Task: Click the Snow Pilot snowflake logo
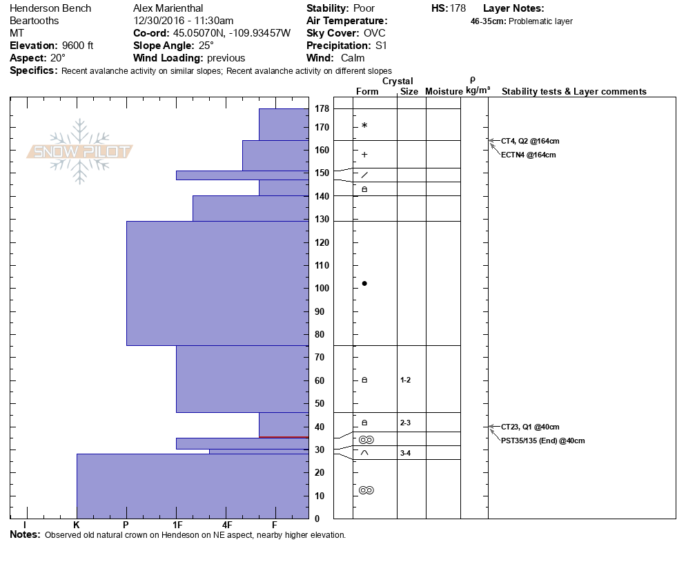tap(80, 152)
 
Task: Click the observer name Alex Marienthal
tap(170, 8)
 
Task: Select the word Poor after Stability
tap(364, 8)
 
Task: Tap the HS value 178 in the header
tap(457, 8)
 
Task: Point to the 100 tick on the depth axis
tap(321, 289)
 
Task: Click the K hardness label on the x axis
tap(77, 525)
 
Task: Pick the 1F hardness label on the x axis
tap(177, 525)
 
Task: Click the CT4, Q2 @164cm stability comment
tap(530, 141)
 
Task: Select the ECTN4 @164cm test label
tap(529, 155)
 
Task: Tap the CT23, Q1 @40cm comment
tap(530, 427)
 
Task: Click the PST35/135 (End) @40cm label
tap(543, 441)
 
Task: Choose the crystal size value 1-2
tap(405, 380)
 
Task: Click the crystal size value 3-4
tap(405, 453)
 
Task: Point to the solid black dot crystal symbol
tap(364, 283)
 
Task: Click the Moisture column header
tap(444, 92)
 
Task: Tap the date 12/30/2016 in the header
tap(159, 21)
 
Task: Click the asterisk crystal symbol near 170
tap(364, 126)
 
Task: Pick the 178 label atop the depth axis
tap(321, 109)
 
